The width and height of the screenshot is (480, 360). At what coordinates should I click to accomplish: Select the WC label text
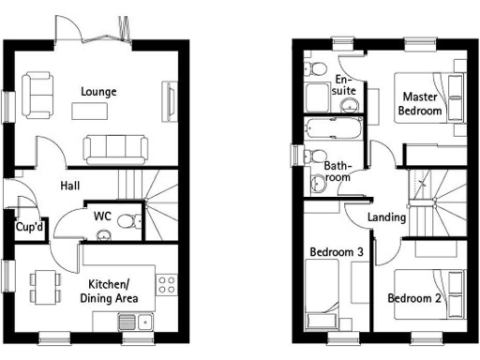pyautogui.click(x=103, y=217)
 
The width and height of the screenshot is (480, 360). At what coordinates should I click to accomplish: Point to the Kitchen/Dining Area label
pyautogui.click(x=113, y=291)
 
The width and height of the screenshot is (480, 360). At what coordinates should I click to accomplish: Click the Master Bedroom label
pyautogui.click(x=422, y=103)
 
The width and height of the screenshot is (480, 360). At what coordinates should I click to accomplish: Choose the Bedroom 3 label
pyautogui.click(x=337, y=251)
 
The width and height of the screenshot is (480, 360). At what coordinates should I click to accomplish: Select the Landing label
pyautogui.click(x=386, y=217)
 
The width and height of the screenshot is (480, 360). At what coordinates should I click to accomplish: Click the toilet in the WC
pyautogui.click(x=135, y=221)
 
